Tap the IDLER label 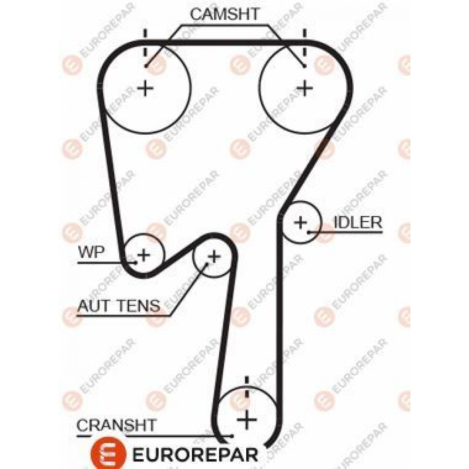(x=358, y=222)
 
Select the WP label (x=91, y=252)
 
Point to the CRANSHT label (x=117, y=425)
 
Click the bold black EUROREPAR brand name (x=195, y=455)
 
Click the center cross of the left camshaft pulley (x=145, y=88)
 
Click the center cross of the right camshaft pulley (x=304, y=88)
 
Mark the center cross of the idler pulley (x=301, y=222)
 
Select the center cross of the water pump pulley (x=144, y=255)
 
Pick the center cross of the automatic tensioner (x=214, y=257)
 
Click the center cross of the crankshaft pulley (x=247, y=420)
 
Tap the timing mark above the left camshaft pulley (x=145, y=43)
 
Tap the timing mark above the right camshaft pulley (x=304, y=43)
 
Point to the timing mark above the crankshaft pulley (x=247, y=387)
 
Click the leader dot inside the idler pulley (x=309, y=232)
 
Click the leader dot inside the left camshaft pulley (x=146, y=66)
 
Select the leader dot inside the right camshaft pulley (x=304, y=66)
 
